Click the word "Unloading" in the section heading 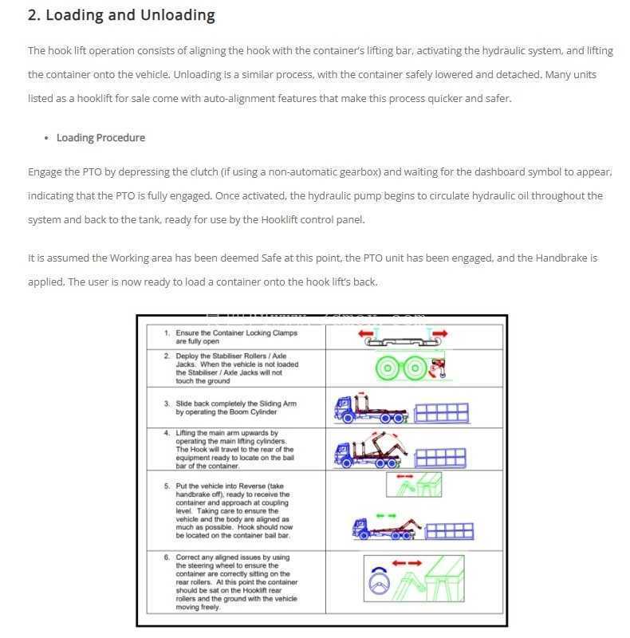pos(178,15)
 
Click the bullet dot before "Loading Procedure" pos(46,138)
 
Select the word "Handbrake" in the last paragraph pos(561,258)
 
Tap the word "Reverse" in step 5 pos(252,486)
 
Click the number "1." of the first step pos(167,333)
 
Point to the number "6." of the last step pos(167,557)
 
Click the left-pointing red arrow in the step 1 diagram pos(365,333)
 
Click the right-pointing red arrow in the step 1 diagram pos(440,333)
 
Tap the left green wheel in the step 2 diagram pos(388,368)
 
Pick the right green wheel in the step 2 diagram pos(415,368)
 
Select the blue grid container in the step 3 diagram pos(441,413)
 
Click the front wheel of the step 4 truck pos(347,463)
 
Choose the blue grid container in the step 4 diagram pos(440,458)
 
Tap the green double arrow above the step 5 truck pos(386,515)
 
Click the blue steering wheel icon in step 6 pos(379,584)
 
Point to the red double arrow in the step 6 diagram pos(407,563)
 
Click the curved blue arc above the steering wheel pos(379,570)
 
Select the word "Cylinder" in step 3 pos(263,412)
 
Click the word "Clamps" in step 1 pos(285,333)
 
